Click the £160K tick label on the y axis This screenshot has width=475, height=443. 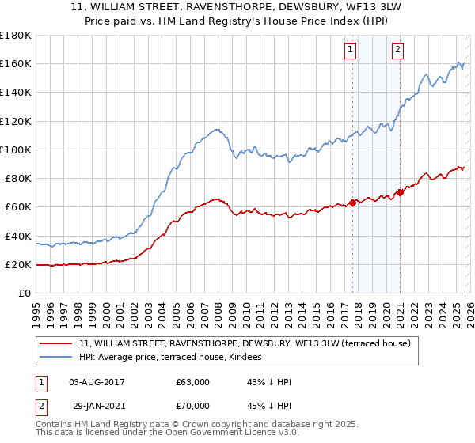coord(15,64)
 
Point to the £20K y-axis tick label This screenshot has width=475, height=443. coord(17,264)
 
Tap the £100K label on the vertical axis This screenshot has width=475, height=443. coord(15,150)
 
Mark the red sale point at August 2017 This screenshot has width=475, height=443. coord(353,203)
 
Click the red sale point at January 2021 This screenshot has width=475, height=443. coord(401,192)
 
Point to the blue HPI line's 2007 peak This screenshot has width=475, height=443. coord(215,129)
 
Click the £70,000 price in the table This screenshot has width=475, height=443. coord(192,404)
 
